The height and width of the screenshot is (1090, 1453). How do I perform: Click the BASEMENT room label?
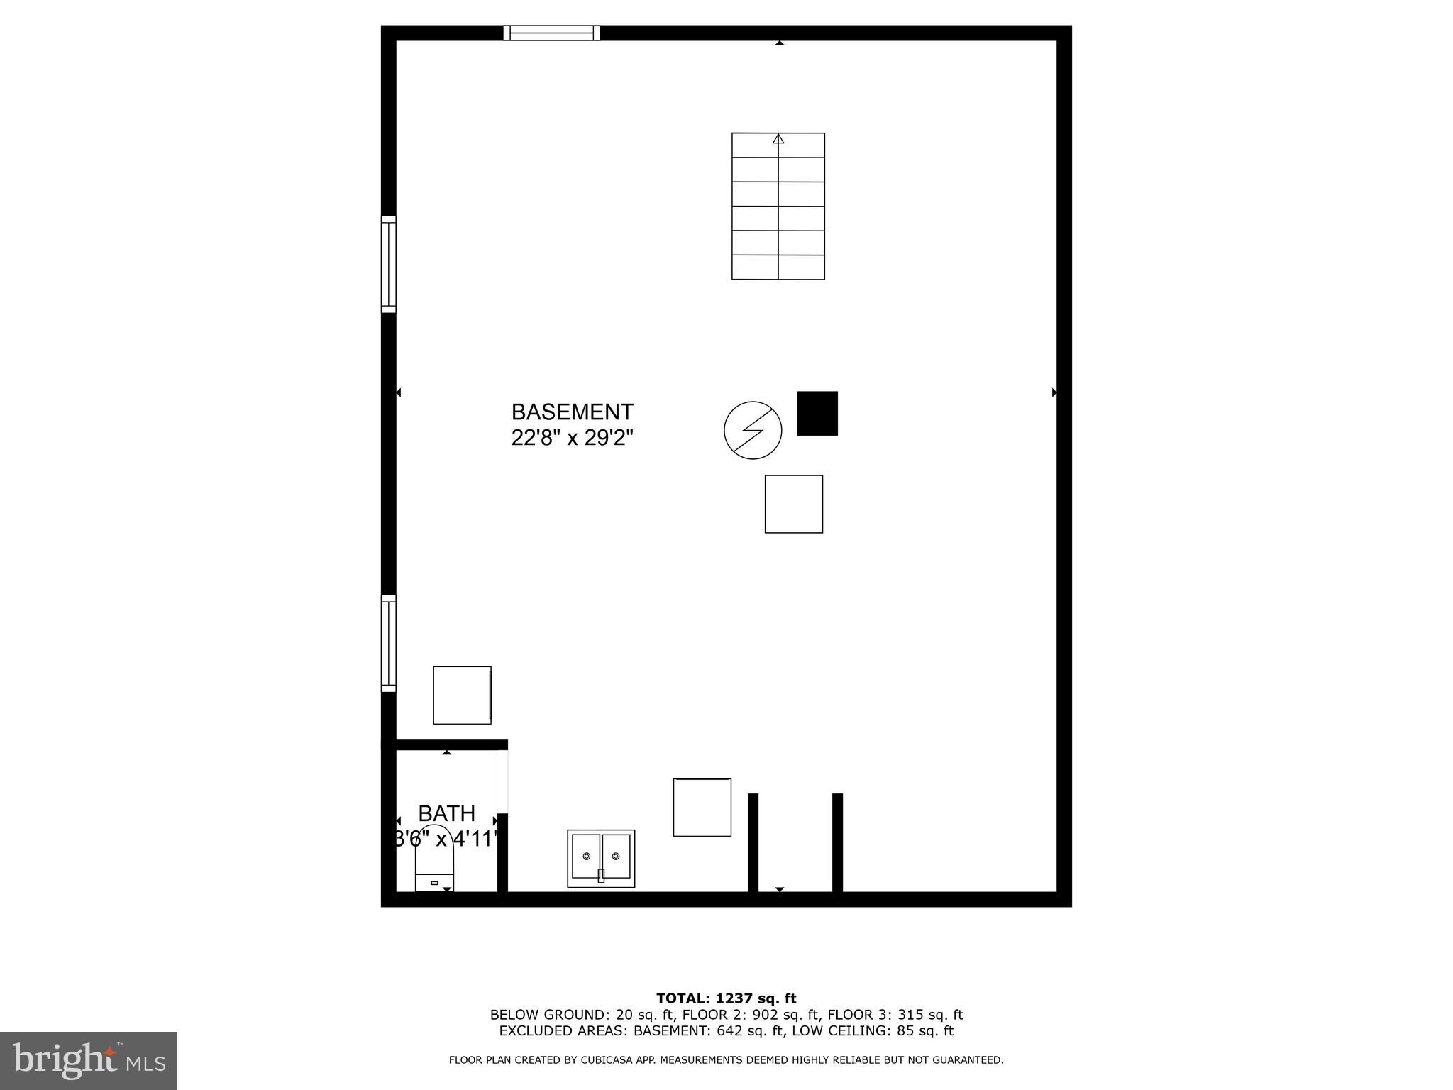572,412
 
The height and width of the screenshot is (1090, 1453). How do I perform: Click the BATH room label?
446,813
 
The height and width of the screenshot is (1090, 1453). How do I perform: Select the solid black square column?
817,413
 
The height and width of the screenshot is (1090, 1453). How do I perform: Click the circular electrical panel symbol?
753,430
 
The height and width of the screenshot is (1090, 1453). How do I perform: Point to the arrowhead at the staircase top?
778,139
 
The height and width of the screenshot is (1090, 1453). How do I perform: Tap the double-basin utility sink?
601,858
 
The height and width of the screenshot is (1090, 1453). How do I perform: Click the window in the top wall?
552,33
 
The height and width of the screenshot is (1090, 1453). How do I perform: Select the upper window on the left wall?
389,264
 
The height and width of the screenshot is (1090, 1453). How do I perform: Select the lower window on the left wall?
389,643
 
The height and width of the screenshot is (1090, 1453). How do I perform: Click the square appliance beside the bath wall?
462,695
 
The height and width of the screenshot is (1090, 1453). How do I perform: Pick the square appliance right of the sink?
702,807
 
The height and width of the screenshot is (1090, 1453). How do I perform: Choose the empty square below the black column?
793,504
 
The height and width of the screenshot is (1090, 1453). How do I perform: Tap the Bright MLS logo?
89,1060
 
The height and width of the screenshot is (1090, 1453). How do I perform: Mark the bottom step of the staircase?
778,267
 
